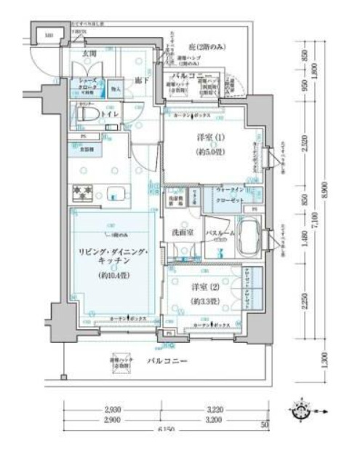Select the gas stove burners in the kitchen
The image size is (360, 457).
[x=81, y=194]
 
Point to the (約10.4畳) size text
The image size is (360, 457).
[x=111, y=276]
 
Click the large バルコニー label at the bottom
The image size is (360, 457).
[x=169, y=361]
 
